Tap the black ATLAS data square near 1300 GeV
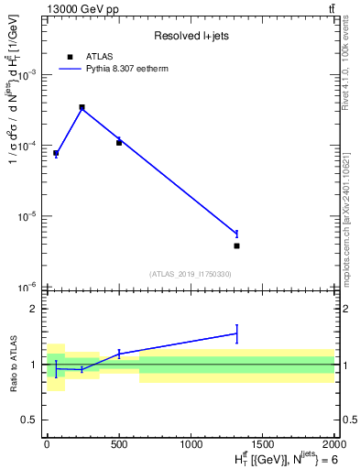[x=236, y=245]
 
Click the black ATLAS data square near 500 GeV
[x=119, y=143]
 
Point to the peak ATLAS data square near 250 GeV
[x=82, y=107]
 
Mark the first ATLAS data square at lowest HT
[x=56, y=153]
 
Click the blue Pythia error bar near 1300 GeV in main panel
[x=236, y=234]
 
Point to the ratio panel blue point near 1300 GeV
[x=236, y=333]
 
